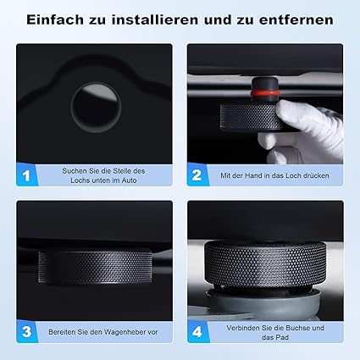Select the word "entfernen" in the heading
tap(296, 20)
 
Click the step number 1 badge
tap(26, 175)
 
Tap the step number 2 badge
tap(197, 175)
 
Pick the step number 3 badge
tap(26, 332)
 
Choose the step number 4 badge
tap(197, 332)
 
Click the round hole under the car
tap(96, 108)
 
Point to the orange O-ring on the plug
tap(265, 93)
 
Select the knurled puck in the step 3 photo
tap(95, 267)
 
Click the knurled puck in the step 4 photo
tap(265, 264)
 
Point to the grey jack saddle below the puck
tap(264, 303)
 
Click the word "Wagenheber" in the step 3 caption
tap(125, 332)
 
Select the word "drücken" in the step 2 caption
tap(316, 175)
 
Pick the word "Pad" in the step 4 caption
tap(282, 337)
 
